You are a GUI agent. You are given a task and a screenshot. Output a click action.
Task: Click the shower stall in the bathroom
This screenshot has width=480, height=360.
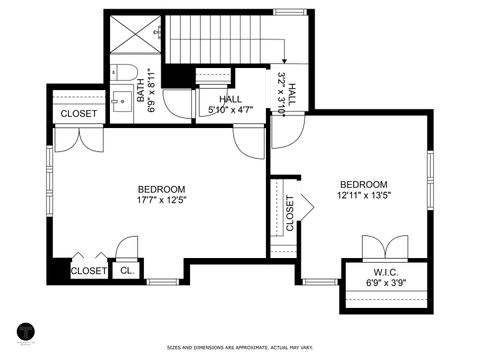coord(133,35)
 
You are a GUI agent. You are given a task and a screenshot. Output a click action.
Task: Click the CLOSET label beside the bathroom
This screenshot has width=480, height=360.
coord(79,114)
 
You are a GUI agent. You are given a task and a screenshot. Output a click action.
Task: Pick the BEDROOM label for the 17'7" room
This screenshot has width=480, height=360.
coord(161,189)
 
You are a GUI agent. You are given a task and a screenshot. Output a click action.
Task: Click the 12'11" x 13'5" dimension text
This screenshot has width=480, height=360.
coord(363,196)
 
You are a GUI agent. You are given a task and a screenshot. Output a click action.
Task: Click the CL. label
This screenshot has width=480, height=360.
coord(127,271)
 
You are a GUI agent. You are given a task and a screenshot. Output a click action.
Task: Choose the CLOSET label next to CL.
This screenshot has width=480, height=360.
coord(88,271)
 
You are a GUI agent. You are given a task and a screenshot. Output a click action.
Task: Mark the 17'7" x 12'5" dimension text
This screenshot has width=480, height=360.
coord(161,200)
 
